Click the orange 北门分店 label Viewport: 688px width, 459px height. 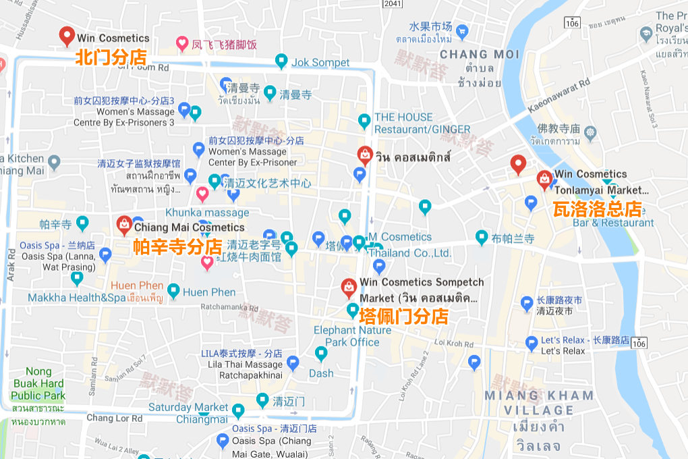coord(111,58)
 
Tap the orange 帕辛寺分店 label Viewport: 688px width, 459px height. coord(176,246)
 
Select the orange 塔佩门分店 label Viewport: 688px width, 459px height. coord(403,316)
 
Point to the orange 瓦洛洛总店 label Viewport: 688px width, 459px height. coord(596,209)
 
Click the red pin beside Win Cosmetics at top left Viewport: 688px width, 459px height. coord(66,36)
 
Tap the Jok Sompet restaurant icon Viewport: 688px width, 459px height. coord(281,62)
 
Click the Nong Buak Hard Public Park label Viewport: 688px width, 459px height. coord(38,383)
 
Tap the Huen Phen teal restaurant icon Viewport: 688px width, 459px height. coord(173,292)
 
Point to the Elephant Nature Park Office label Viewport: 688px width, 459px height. coord(352,336)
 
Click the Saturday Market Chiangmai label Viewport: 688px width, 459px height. coord(188,413)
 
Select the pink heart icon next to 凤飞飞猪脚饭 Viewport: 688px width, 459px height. coord(181,45)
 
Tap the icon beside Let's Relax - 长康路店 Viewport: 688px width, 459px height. coord(532,343)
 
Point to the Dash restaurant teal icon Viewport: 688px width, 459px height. coord(321,353)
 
